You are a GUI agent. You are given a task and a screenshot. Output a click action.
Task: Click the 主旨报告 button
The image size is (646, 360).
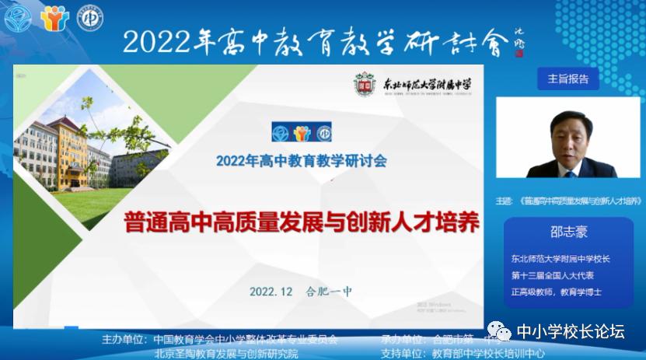(568, 79)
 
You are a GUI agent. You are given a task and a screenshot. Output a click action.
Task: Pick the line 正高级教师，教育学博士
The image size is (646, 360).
(556, 292)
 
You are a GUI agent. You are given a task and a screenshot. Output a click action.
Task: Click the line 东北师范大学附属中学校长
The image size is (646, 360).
(560, 259)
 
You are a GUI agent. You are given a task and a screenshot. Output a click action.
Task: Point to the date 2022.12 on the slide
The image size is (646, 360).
(271, 292)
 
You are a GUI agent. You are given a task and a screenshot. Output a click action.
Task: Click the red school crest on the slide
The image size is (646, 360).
(365, 84)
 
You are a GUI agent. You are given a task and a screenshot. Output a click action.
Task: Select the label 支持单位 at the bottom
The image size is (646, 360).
(402, 353)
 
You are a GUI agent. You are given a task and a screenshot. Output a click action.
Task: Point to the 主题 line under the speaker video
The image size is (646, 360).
(570, 200)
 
